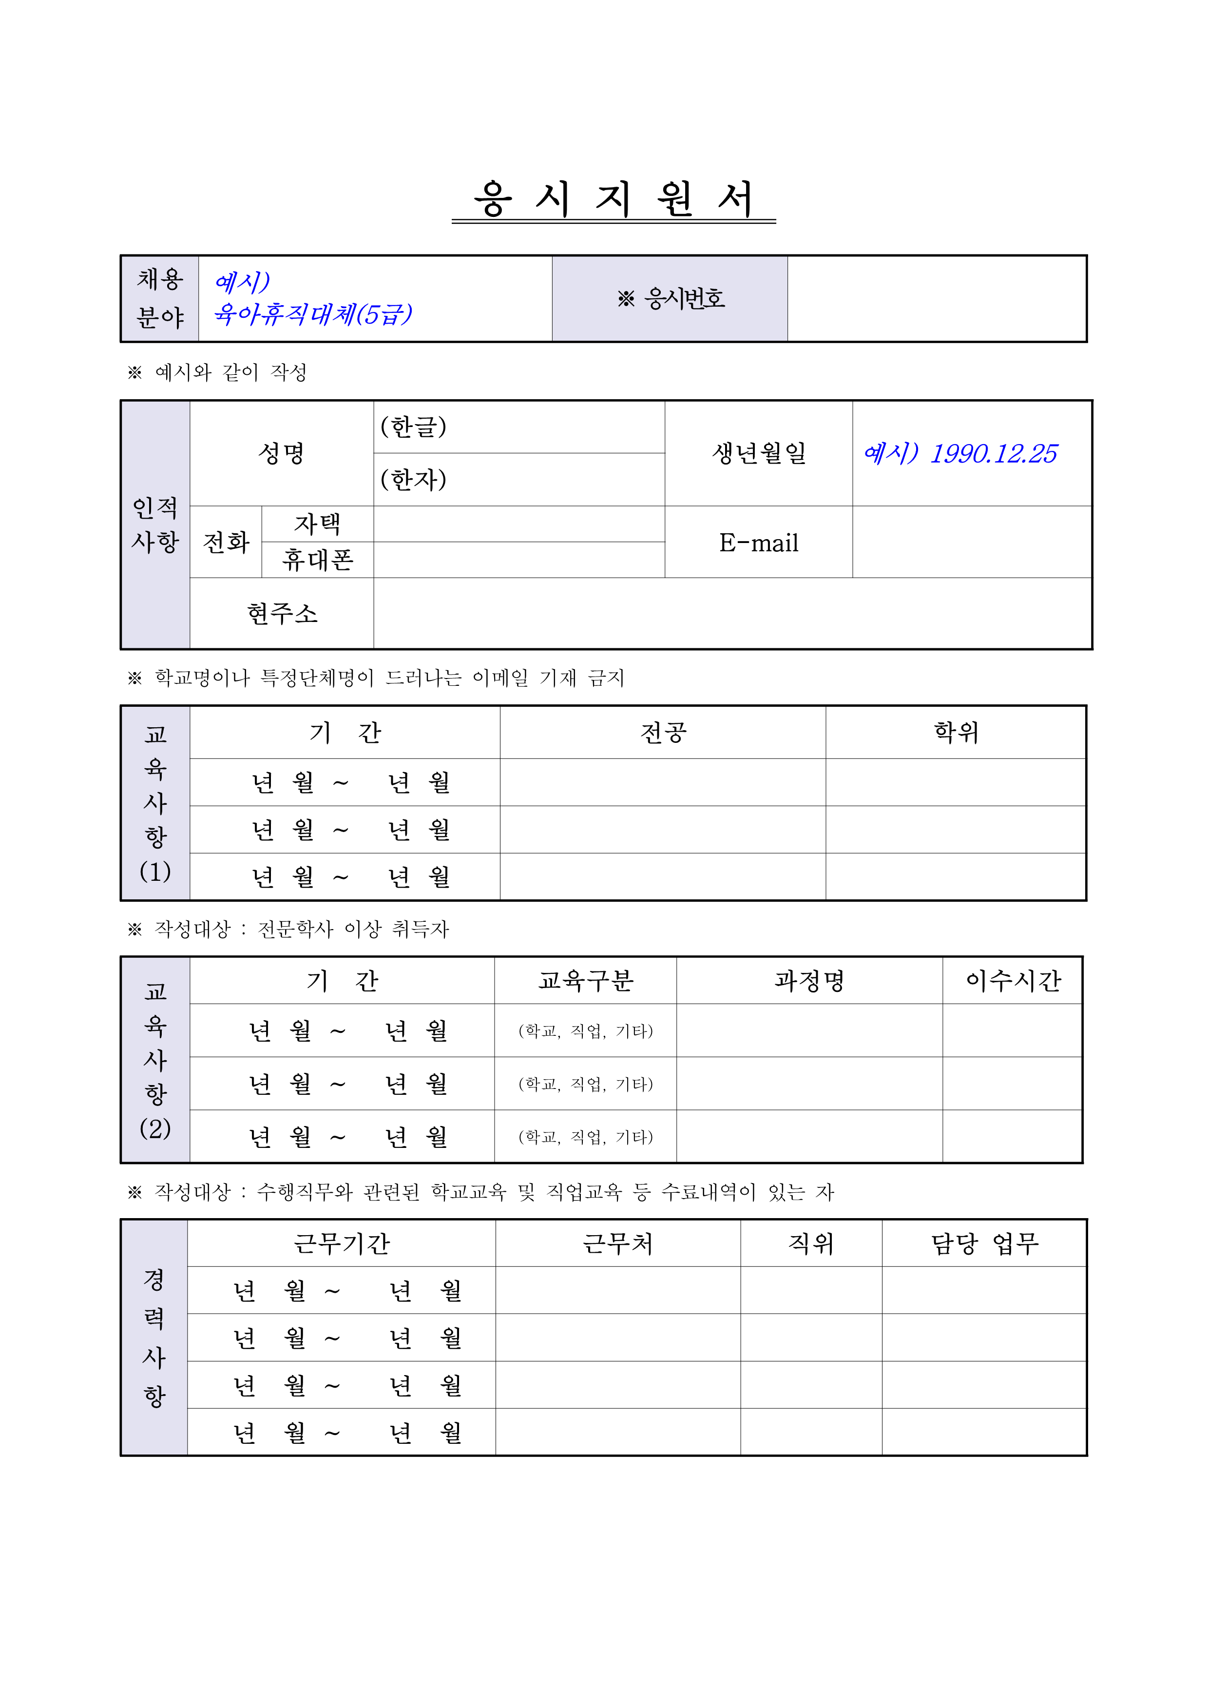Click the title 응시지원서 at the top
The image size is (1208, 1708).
tap(614, 199)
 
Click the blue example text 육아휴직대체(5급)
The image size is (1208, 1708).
tap(312, 314)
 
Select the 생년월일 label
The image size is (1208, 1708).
tap(759, 453)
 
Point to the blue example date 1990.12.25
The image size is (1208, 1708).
tap(993, 453)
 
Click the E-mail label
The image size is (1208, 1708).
tap(759, 543)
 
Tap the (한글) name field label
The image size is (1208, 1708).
tap(414, 427)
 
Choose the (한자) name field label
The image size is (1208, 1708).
tap(414, 480)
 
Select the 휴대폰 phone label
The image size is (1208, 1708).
tap(318, 560)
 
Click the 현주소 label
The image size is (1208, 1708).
tap(282, 614)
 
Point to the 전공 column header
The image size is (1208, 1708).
tap(663, 733)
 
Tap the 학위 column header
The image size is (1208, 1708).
tap(956, 733)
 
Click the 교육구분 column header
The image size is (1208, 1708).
tap(585, 980)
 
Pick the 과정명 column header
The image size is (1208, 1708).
tap(809, 980)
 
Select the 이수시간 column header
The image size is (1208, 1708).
tap(1013, 980)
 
